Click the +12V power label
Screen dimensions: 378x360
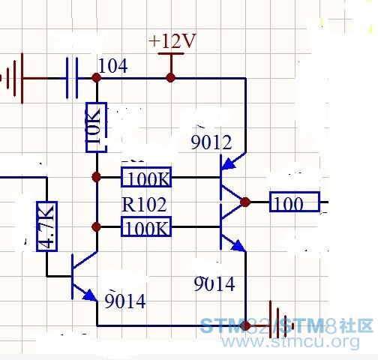[x=172, y=41]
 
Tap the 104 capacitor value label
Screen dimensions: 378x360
[x=113, y=66]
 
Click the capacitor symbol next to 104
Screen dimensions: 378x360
[x=72, y=78]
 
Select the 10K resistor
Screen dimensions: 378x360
[x=96, y=127]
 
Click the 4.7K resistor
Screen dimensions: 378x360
[x=46, y=226]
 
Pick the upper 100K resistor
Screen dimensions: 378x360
[x=146, y=177]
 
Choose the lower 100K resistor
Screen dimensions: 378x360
[x=146, y=226]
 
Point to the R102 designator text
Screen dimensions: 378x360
[x=144, y=205]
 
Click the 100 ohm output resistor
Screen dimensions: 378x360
[x=295, y=202]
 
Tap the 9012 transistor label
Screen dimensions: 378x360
[x=211, y=142]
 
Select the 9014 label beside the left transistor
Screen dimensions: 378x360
[x=125, y=301]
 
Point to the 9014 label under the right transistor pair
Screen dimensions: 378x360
[x=214, y=283]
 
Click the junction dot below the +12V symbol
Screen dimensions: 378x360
[x=171, y=78]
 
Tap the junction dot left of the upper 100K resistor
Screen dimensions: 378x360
[x=96, y=177]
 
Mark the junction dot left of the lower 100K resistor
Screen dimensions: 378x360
[x=96, y=226]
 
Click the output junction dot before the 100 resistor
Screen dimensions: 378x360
[x=245, y=202]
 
